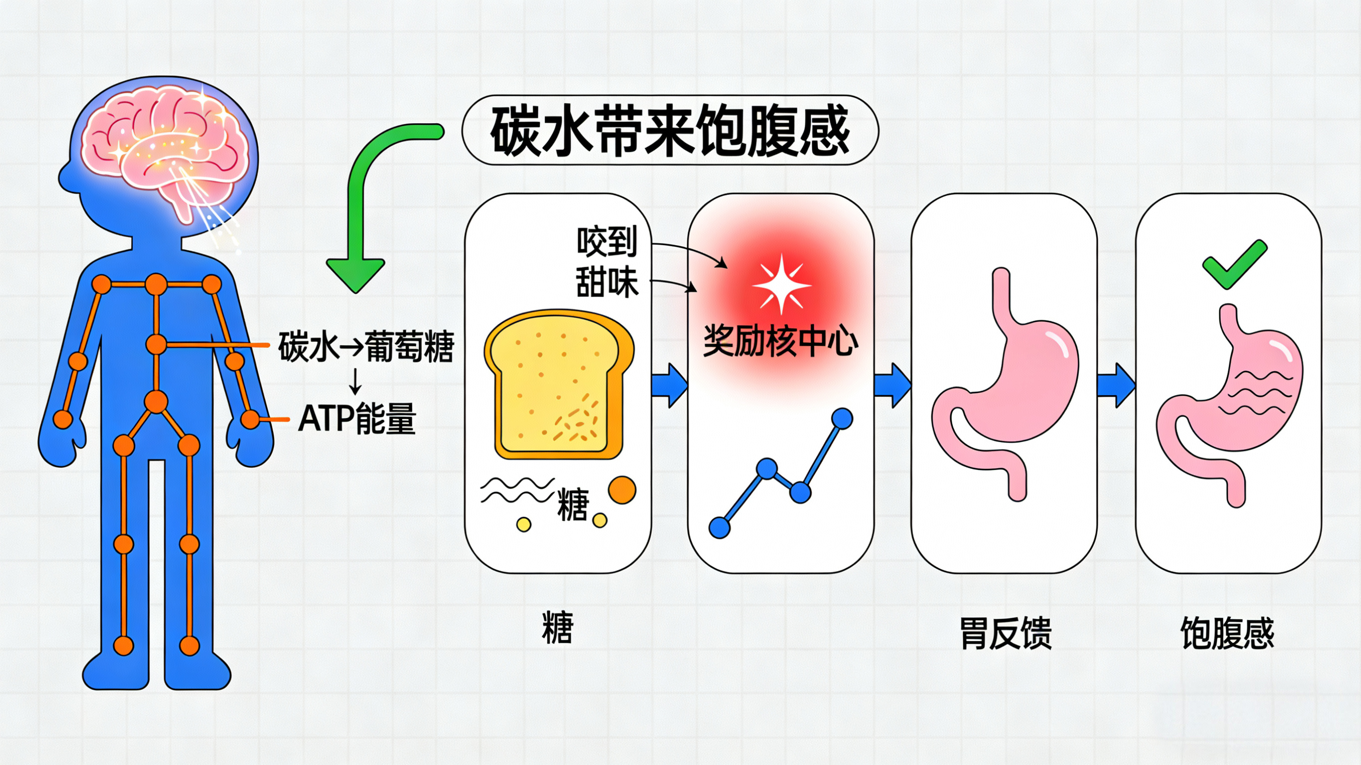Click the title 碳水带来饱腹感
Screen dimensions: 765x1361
(670, 131)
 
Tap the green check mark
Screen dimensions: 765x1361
(1234, 264)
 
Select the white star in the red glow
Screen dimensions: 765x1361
(781, 285)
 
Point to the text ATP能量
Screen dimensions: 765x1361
(357, 419)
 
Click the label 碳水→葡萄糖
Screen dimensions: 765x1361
(366, 346)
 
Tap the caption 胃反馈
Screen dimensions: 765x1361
(1006, 633)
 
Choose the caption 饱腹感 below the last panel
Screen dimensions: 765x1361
(1227, 633)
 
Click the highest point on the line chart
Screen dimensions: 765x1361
(842, 419)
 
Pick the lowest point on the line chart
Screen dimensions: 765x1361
(719, 527)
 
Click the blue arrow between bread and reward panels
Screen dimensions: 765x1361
(670, 385)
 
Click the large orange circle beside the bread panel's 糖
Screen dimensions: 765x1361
(622, 490)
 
